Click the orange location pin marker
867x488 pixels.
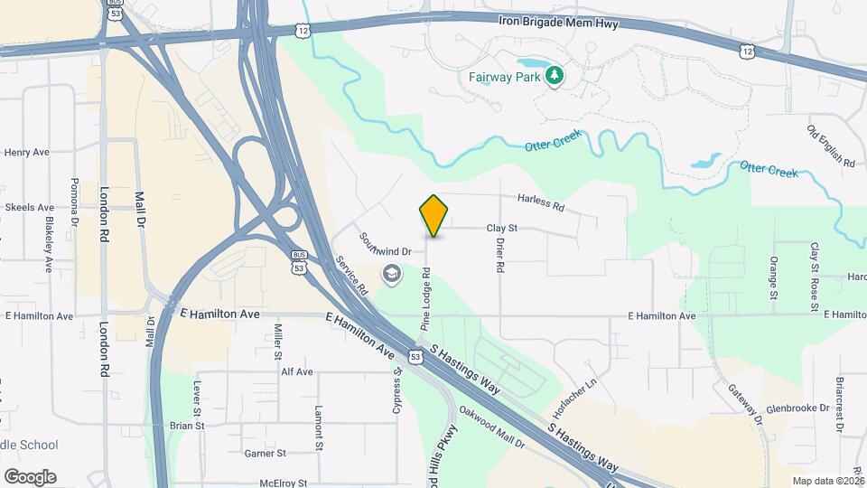(434, 216)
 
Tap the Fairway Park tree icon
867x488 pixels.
(554, 76)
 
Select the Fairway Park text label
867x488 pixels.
(504, 77)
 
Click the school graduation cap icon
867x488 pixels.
(391, 273)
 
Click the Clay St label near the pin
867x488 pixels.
(501, 229)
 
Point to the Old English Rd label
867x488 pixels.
(831, 146)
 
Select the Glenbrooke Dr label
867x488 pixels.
(797, 408)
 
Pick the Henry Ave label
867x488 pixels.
(27, 153)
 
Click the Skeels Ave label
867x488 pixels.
(29, 207)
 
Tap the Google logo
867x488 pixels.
(29, 476)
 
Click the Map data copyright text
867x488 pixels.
(828, 481)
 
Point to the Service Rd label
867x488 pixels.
(352, 275)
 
